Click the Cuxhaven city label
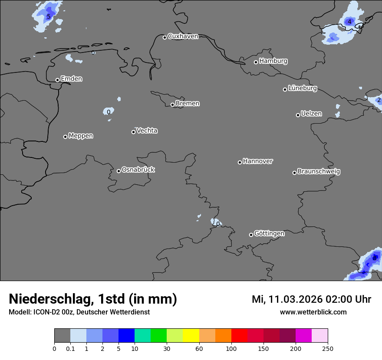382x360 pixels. pyautogui.click(x=183, y=36)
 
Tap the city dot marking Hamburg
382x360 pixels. pyautogui.click(x=256, y=62)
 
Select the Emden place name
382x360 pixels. pyautogui.click(x=71, y=79)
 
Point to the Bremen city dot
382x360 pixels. pyautogui.click(x=172, y=105)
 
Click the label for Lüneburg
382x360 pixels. pyautogui.click(x=303, y=88)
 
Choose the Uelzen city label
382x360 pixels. pyautogui.click(x=311, y=114)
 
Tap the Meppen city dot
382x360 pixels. pyautogui.click(x=65, y=137)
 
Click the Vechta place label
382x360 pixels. pyautogui.click(x=147, y=131)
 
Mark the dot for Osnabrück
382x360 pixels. pyautogui.click(x=119, y=171)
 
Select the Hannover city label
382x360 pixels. pyautogui.click(x=258, y=161)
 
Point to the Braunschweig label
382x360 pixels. pyautogui.click(x=319, y=172)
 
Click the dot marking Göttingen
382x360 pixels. pyautogui.click(x=251, y=235)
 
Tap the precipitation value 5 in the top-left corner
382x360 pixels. pyautogui.click(x=49, y=17)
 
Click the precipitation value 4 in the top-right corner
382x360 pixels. pyautogui.click(x=349, y=22)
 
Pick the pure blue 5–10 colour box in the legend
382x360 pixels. pyautogui.click(x=126, y=336)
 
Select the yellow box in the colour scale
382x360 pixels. pyautogui.click(x=191, y=336)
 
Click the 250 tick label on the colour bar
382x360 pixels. pyautogui.click(x=328, y=348)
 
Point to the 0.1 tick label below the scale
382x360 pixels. pyautogui.click(x=70, y=348)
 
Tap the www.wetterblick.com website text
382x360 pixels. pyautogui.click(x=313, y=312)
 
